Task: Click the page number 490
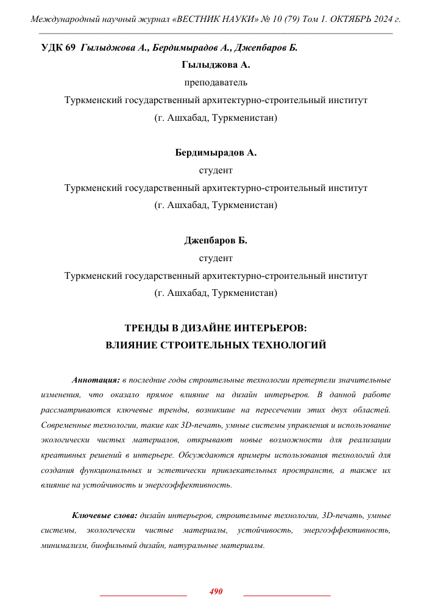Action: (216, 591)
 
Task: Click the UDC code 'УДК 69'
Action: (58, 48)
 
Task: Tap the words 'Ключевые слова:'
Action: (104, 516)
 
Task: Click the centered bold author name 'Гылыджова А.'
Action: (216, 64)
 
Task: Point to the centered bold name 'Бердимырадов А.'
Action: (216, 153)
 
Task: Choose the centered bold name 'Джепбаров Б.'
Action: (216, 240)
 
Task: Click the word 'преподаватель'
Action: (216, 82)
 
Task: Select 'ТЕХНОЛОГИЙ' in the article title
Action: (289, 345)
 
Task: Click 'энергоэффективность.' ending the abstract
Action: (190, 485)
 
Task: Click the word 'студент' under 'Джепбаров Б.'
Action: (216, 258)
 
